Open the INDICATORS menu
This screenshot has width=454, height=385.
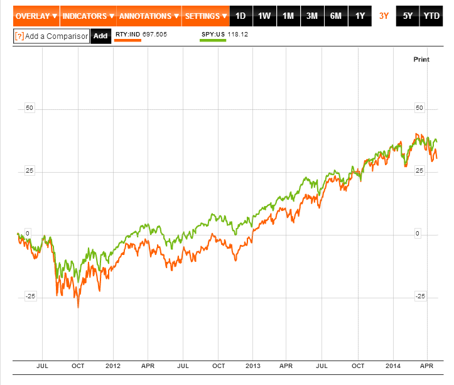tap(88, 16)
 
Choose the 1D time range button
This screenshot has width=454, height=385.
tap(241, 16)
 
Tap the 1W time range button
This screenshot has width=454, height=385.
tap(264, 16)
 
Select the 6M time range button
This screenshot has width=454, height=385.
tap(336, 16)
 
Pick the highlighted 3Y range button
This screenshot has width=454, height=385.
tap(384, 16)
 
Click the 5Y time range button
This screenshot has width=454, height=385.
tap(408, 16)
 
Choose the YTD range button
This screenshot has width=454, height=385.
tap(431, 16)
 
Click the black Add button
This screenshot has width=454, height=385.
tap(100, 36)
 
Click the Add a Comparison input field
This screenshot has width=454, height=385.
tap(51, 36)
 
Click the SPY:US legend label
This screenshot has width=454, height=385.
tap(213, 34)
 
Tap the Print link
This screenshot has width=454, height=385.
tap(421, 59)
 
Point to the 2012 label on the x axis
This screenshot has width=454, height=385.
tap(113, 365)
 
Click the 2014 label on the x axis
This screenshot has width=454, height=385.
tap(393, 365)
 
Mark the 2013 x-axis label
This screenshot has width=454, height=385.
tap(253, 365)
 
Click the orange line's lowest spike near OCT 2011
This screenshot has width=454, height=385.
tap(78, 307)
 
